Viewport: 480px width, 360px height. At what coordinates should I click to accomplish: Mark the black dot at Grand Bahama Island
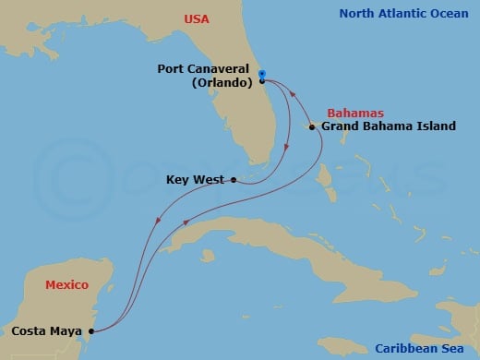tap(312, 126)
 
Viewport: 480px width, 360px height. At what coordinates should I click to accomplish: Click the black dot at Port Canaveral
tap(263, 81)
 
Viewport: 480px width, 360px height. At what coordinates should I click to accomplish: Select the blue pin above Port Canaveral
tap(262, 73)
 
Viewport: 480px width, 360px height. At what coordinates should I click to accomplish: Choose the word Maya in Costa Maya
tap(66, 329)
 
